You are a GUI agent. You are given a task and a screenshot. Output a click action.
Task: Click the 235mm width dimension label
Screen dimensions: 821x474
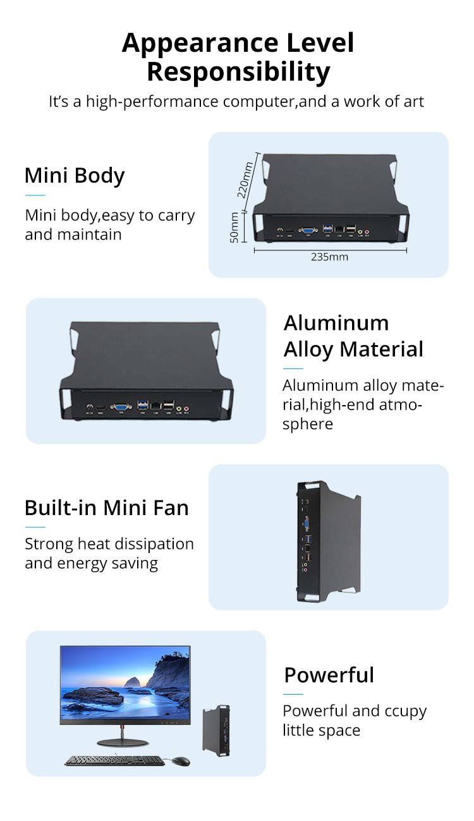click(x=329, y=257)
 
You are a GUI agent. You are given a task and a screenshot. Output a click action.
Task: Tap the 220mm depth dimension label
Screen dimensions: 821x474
click(x=245, y=179)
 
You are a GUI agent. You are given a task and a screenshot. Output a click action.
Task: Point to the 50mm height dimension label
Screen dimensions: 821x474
click(x=234, y=228)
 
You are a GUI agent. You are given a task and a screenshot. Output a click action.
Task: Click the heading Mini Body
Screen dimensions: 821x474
click(x=75, y=176)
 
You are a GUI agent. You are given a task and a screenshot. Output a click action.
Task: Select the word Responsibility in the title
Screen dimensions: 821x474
click(x=238, y=72)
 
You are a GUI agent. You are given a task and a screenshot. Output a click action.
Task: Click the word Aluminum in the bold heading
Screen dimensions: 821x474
click(x=336, y=323)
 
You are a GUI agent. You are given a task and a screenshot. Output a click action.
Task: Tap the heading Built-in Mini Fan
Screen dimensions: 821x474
click(x=106, y=508)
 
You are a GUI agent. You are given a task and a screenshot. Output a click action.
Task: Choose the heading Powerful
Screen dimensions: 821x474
click(x=329, y=675)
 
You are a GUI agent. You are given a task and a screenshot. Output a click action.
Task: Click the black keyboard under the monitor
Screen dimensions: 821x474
click(x=114, y=761)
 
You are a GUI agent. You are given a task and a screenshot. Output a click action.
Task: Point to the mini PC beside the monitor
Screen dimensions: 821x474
click(x=216, y=730)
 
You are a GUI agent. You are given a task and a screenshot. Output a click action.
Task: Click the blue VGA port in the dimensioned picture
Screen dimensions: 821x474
click(x=308, y=231)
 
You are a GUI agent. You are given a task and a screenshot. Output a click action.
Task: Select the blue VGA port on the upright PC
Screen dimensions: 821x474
click(x=307, y=523)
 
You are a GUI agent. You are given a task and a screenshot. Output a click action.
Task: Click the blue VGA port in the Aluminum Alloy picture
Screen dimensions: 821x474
click(x=119, y=408)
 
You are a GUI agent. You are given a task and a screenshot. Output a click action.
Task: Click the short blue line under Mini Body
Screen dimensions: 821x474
click(x=35, y=195)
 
